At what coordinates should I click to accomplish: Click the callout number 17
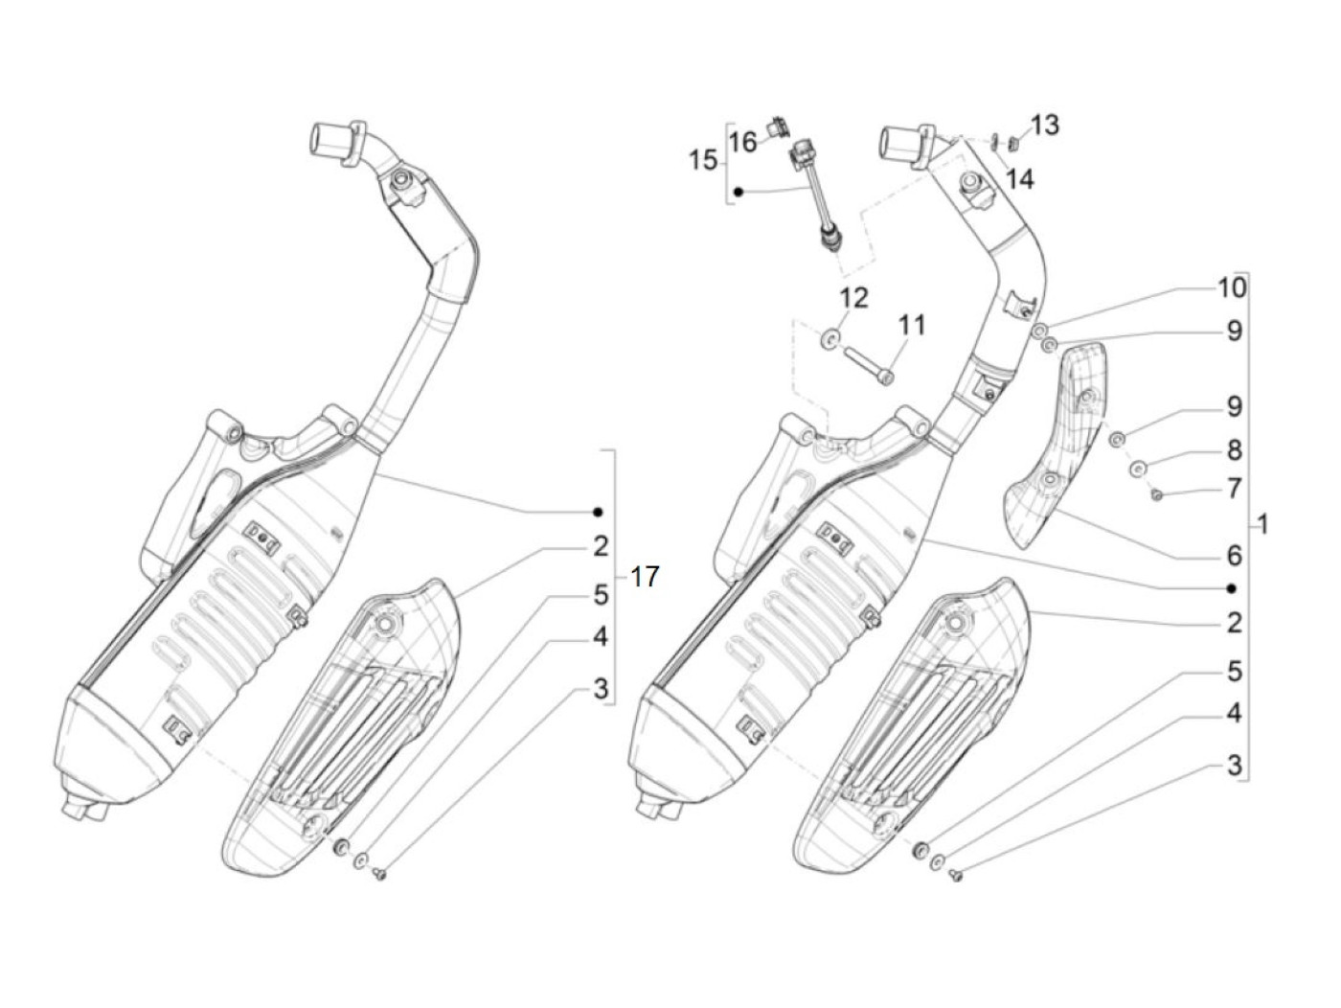[646, 578]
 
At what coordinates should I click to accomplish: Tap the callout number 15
[703, 160]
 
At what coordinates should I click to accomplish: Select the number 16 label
[743, 143]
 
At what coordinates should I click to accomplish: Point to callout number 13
[1045, 125]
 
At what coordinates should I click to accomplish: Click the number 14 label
[1020, 179]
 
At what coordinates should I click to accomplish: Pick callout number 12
[854, 298]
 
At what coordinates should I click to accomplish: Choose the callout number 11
[912, 326]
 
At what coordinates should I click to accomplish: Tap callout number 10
[1232, 287]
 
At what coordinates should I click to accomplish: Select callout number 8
[1234, 448]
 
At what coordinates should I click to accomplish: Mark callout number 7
[1234, 489]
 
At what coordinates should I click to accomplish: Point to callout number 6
[1234, 555]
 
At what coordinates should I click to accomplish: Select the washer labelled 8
[1138, 468]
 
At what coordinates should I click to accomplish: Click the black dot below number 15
[739, 193]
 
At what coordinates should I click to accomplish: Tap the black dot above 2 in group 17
[598, 511]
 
